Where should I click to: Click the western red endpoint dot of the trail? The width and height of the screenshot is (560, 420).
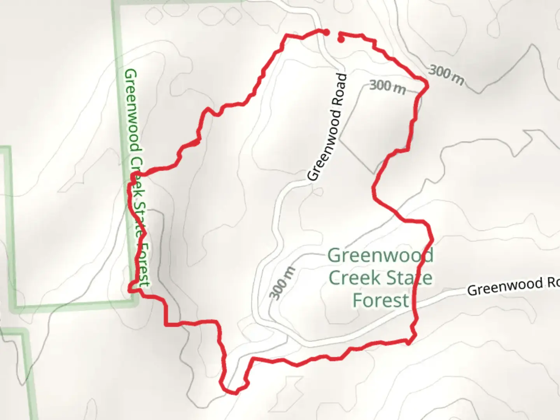[x=327, y=31]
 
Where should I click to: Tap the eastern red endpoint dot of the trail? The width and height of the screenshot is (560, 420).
[x=341, y=39]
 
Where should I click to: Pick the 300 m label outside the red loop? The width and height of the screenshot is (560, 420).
[x=446, y=75]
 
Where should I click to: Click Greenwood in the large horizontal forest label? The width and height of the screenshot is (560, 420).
[x=380, y=256]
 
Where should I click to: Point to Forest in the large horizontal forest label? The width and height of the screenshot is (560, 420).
[x=381, y=301]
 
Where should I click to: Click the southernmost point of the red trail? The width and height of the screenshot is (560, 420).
[x=235, y=393]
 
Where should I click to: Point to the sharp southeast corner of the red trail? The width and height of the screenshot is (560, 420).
[x=409, y=343]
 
